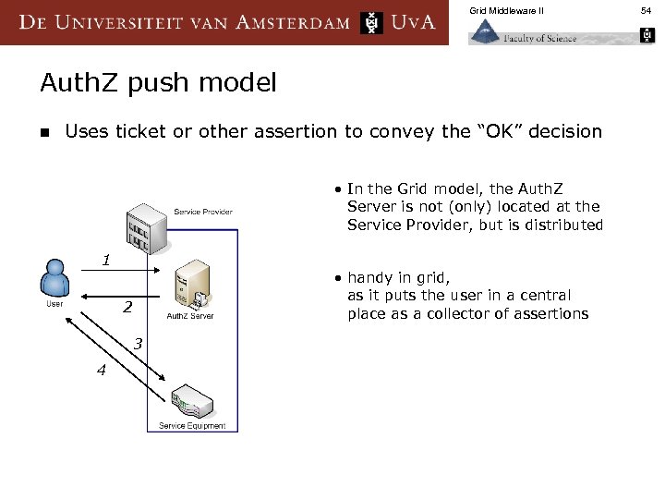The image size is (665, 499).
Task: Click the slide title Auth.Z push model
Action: [x=158, y=83]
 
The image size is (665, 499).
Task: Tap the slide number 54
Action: [x=646, y=10]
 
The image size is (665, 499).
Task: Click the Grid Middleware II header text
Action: [x=506, y=10]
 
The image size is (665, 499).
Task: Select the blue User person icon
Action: [x=55, y=278]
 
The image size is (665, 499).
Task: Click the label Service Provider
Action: [x=203, y=212]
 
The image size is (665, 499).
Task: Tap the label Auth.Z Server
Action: [x=190, y=317]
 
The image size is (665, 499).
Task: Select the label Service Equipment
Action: [x=192, y=426]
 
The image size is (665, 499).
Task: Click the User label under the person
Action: [x=55, y=303]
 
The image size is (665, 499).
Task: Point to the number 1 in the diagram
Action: [x=106, y=261]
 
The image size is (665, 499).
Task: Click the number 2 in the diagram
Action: [x=128, y=307]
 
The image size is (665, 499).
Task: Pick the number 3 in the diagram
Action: [x=138, y=344]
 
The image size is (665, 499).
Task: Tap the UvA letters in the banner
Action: [x=413, y=22]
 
